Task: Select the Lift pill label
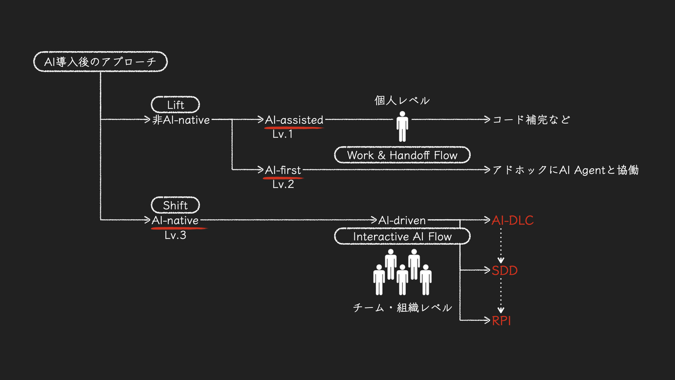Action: [x=175, y=105]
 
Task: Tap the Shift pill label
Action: [x=175, y=205]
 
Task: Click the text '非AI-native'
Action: [x=181, y=120]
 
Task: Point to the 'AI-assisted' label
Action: [x=294, y=120]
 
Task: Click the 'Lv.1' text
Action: [x=282, y=134]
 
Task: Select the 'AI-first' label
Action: [x=282, y=170]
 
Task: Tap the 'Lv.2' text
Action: [x=283, y=184]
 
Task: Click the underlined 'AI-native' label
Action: [x=175, y=220]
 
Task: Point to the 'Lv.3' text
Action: [x=175, y=235]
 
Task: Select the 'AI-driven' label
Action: [x=402, y=220]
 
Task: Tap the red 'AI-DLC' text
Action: [x=512, y=220]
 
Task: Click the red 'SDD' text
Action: [x=505, y=271]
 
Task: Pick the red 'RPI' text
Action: [x=501, y=320]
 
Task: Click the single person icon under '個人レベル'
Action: [x=402, y=126]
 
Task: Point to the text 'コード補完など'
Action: [x=531, y=120]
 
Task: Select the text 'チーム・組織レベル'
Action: [x=402, y=307]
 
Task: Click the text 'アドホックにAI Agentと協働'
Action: [x=565, y=170]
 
